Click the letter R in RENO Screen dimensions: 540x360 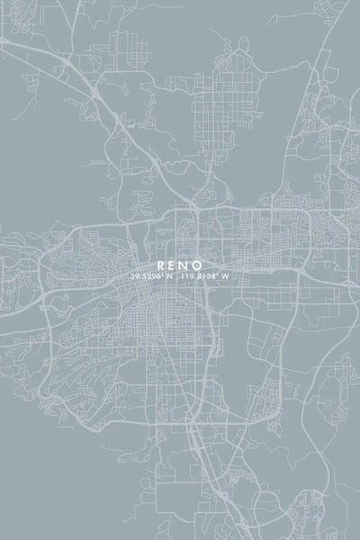point(160,265)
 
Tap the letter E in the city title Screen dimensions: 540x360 point(173,265)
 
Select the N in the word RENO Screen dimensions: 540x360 point(186,265)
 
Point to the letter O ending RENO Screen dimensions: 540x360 point(200,265)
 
